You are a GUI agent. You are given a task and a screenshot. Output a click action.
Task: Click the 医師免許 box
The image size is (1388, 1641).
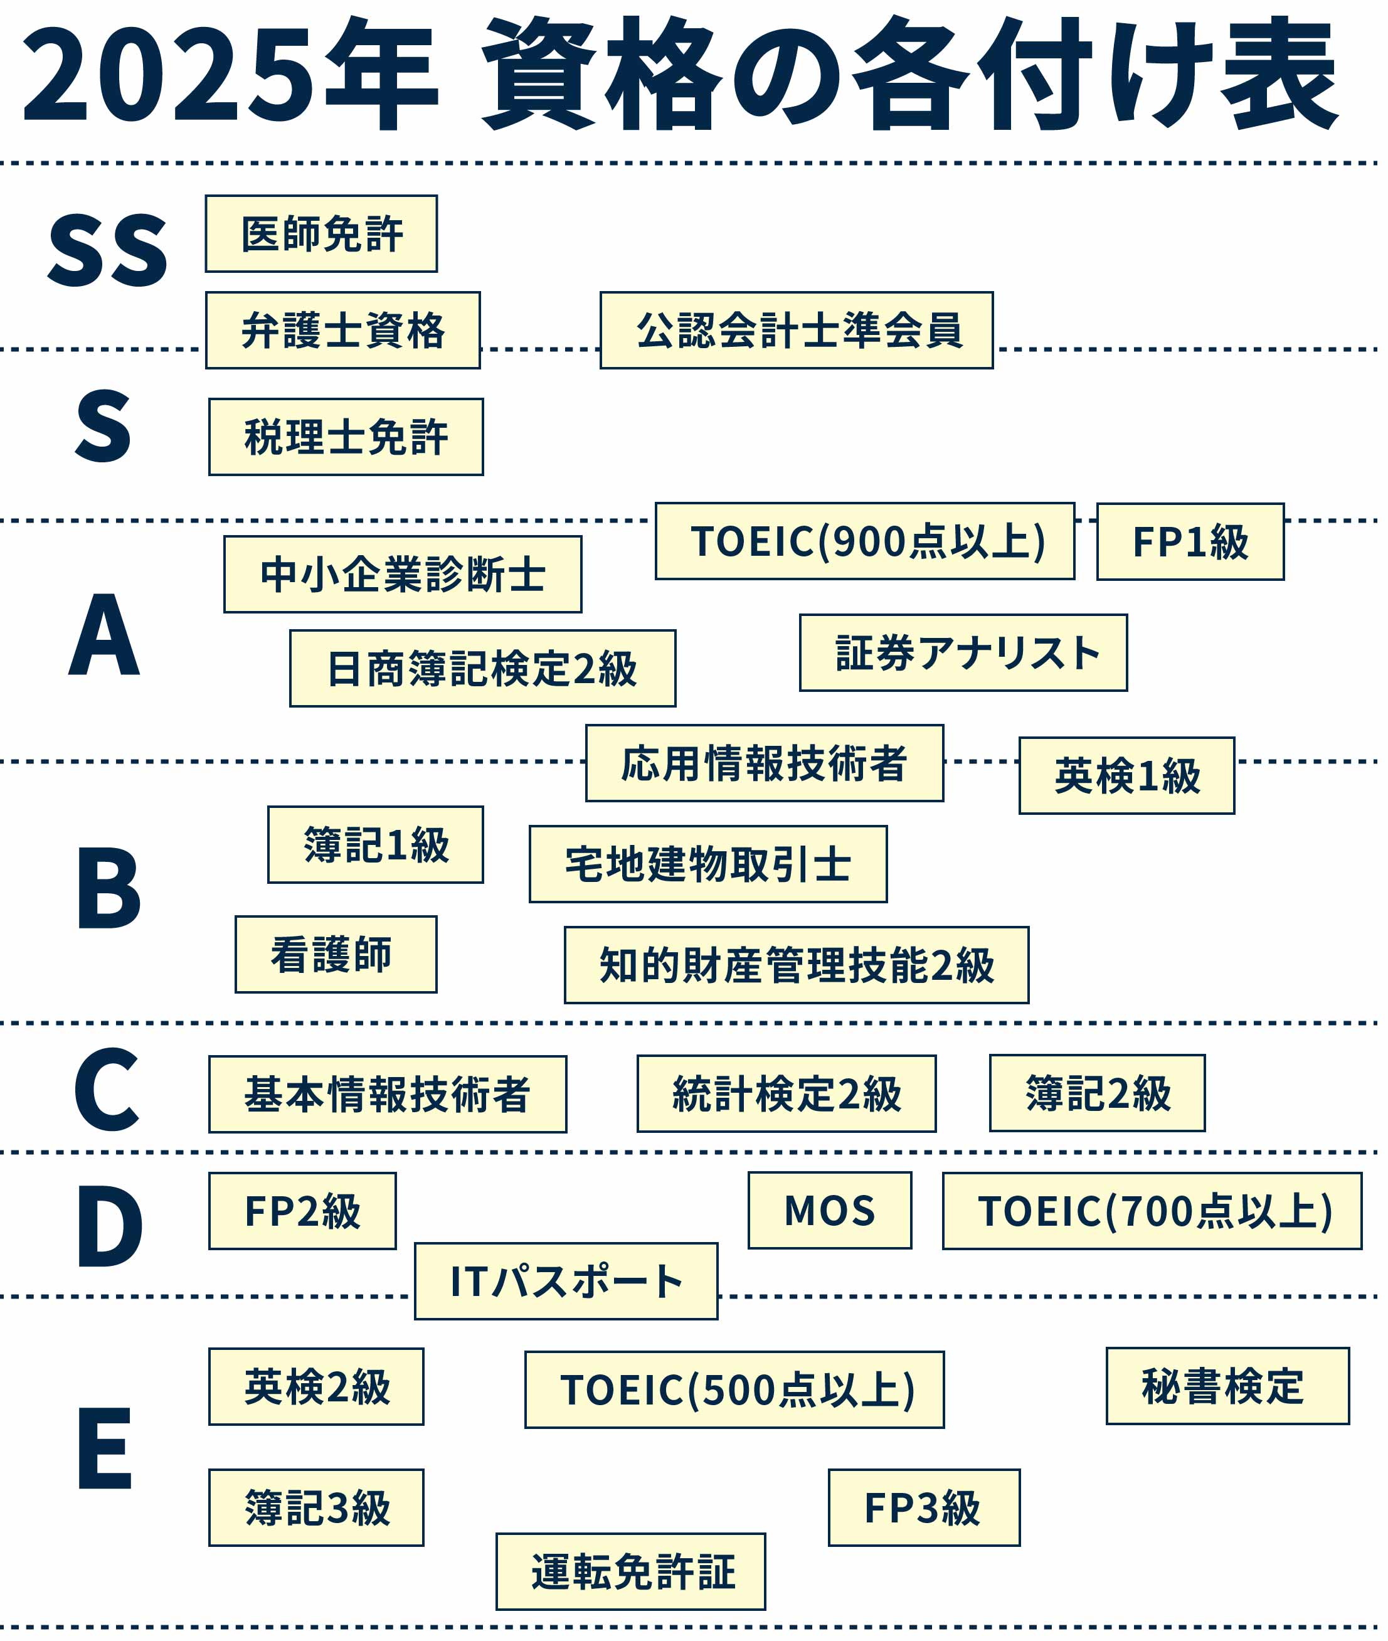tap(321, 234)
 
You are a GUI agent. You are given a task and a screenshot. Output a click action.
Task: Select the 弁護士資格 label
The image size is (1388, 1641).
tap(343, 330)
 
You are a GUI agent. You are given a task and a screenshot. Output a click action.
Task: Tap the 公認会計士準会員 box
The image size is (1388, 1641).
tap(797, 330)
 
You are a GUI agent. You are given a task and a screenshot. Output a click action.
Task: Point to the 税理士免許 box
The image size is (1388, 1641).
tap(346, 437)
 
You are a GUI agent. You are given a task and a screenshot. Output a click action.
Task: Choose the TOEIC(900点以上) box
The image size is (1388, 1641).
tap(865, 541)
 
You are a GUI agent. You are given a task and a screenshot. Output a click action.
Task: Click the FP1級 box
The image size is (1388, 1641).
tap(1190, 542)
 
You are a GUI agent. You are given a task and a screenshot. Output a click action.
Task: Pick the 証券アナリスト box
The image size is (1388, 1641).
tap(963, 653)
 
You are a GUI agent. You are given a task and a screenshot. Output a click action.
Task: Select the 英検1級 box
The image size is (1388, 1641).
tap(1126, 776)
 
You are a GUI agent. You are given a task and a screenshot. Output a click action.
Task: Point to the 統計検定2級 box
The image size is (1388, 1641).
tap(786, 1094)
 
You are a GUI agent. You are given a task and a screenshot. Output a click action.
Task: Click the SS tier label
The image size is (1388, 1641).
tap(108, 250)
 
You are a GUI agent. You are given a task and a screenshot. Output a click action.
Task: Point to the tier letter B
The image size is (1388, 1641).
tap(108, 888)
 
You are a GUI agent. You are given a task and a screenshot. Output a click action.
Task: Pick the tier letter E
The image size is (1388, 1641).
tap(105, 1448)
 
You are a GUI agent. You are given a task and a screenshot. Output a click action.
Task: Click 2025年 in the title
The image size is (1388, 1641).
tap(228, 75)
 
